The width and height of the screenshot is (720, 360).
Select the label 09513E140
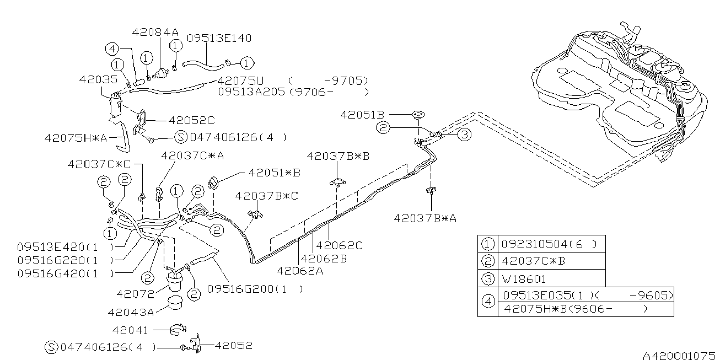219,38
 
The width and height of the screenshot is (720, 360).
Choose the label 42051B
362,115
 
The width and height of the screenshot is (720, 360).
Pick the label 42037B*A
425,218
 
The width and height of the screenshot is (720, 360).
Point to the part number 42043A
131,312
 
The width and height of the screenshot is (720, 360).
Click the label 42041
130,330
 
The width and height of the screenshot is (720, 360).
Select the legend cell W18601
524,278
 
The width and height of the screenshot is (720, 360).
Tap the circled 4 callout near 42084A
112,49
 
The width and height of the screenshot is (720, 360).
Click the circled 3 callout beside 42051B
465,134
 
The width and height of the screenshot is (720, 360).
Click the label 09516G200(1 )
254,288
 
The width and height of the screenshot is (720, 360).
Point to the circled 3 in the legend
487,278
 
